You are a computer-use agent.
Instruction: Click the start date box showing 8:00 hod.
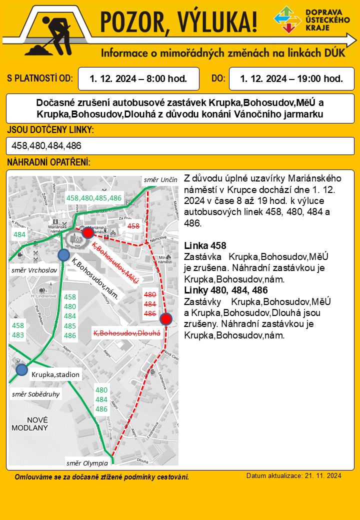[138, 78]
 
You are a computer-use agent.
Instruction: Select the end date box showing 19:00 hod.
[291, 78]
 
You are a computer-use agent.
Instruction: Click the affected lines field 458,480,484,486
[180, 146]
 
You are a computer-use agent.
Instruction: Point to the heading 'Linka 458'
[205, 246]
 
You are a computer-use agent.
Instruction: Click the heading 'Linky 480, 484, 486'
[226, 290]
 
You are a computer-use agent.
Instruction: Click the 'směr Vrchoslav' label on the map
[34, 270]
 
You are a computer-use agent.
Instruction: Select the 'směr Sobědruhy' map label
[35, 394]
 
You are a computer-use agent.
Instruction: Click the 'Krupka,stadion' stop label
[55, 374]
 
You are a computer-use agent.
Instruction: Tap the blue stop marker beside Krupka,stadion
[21, 369]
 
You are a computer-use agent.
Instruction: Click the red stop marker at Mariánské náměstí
[87, 232]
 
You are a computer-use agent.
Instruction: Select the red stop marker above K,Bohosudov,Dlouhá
[166, 318]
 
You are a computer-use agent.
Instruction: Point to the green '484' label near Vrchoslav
[19, 234]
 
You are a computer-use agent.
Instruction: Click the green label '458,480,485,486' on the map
[94, 198]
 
